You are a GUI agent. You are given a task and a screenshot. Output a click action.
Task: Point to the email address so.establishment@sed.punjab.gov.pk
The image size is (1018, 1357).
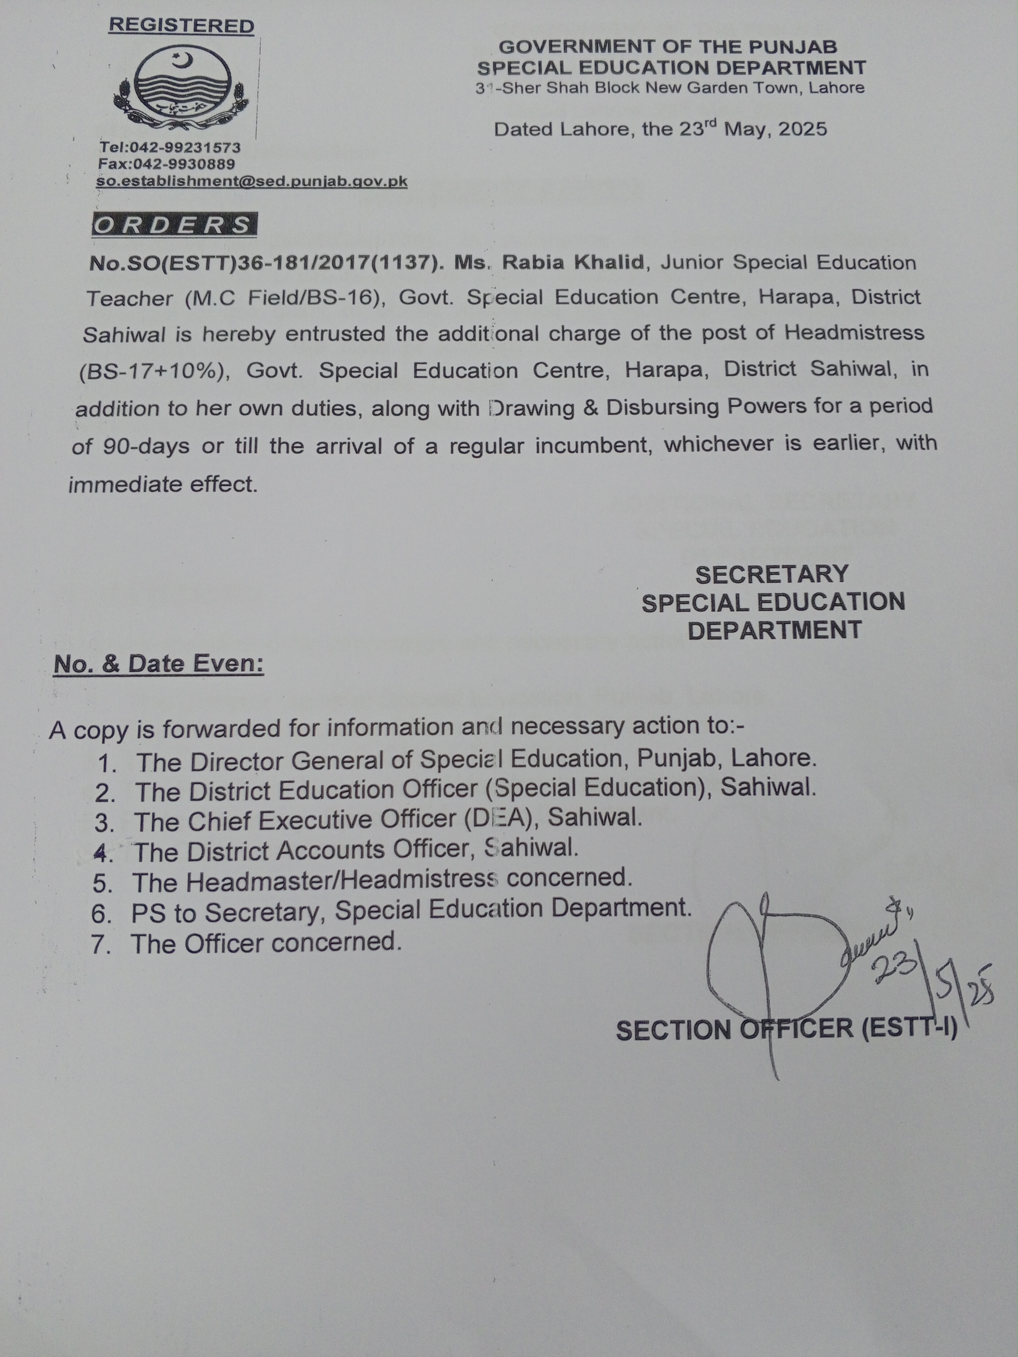251,182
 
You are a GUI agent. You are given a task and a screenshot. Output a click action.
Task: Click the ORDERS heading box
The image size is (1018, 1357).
174,225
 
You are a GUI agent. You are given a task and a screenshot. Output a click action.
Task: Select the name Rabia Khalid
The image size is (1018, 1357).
573,262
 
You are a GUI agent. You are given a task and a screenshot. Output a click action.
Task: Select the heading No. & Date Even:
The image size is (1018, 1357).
159,664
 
